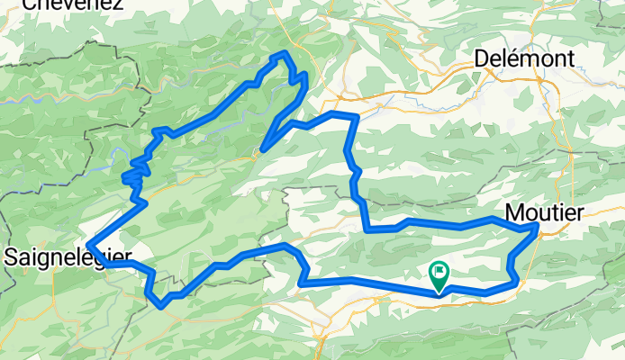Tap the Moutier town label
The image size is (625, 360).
pyautogui.click(x=545, y=212)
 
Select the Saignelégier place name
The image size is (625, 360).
pyautogui.click(x=68, y=257)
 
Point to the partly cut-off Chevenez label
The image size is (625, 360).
pyautogui.click(x=72, y=4)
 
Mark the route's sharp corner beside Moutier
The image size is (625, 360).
pyautogui.click(x=537, y=228)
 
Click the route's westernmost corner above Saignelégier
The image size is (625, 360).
pyautogui.click(x=88, y=238)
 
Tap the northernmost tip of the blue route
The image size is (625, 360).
pyautogui.click(x=285, y=55)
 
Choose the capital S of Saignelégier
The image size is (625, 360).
pyautogui.click(x=10, y=257)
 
